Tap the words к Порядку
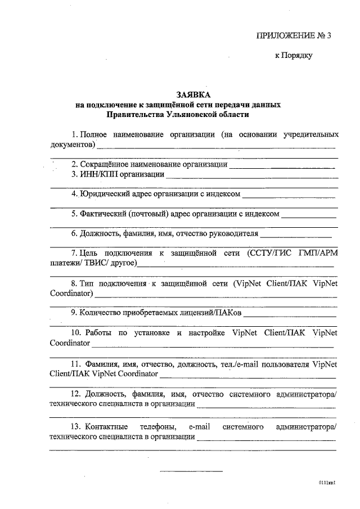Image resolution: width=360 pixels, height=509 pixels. click(x=292, y=56)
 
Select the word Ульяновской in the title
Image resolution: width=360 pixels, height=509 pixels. click(x=194, y=114)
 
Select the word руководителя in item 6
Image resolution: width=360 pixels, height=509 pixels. click(x=235, y=233)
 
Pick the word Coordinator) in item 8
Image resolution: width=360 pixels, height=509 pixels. click(x=71, y=293)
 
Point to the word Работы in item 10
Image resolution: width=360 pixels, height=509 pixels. click(x=97, y=332)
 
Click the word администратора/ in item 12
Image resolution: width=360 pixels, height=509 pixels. click(x=305, y=395)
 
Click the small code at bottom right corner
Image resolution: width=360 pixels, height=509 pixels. click(x=327, y=483)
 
